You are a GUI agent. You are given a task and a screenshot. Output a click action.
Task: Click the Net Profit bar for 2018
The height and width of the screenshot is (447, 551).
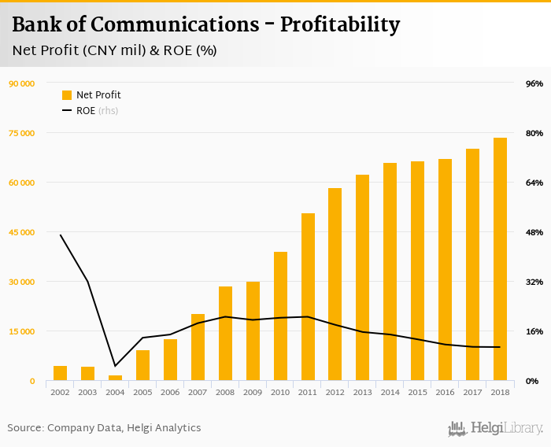click(500, 260)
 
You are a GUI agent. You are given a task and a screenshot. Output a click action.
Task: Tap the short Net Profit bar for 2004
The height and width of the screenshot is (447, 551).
click(115, 378)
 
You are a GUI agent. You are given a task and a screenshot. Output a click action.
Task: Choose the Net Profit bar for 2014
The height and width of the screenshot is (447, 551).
click(390, 272)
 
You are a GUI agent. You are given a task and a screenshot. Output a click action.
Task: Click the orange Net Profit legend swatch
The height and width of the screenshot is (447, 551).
click(67, 95)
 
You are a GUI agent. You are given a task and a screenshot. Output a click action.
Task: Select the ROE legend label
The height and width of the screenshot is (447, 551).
click(86, 111)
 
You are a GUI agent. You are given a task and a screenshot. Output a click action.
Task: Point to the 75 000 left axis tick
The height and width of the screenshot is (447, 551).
click(22, 133)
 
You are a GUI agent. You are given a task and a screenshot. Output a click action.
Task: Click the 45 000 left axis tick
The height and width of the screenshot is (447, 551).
click(22, 232)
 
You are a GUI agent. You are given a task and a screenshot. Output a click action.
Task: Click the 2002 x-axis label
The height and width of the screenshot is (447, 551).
click(60, 392)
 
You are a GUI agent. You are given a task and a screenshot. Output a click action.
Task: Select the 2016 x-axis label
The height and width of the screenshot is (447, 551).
click(445, 392)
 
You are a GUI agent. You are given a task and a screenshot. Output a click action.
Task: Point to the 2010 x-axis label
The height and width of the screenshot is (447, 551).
click(280, 392)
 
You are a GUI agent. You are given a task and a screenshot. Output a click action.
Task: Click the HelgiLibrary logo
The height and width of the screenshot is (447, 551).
click(496, 428)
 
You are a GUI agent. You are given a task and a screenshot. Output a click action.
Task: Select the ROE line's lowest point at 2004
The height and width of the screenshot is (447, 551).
click(115, 366)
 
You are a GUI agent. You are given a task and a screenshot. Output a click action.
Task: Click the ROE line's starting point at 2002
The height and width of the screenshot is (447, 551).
click(61, 235)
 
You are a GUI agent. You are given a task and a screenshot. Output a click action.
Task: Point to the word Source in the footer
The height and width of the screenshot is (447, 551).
click(24, 428)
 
